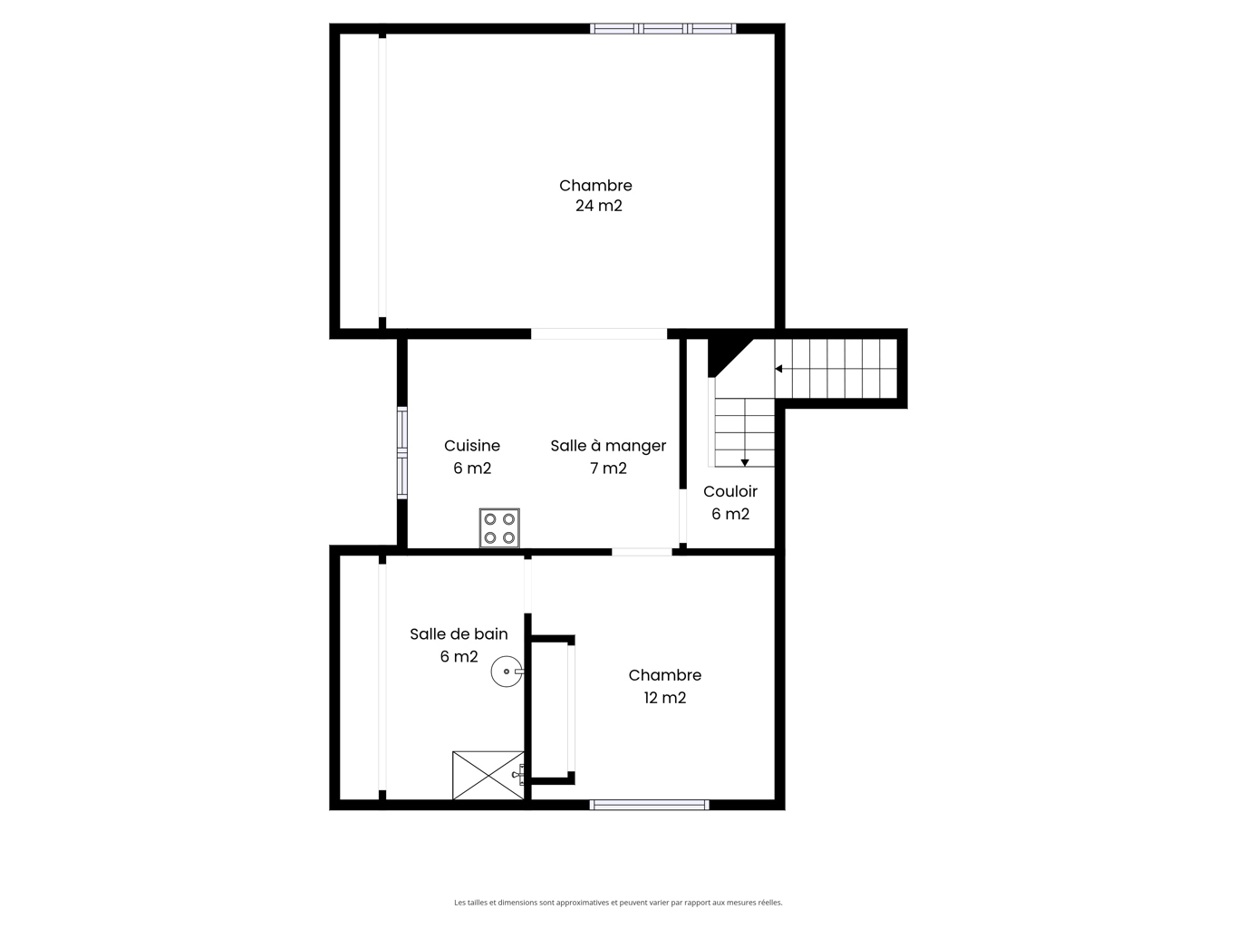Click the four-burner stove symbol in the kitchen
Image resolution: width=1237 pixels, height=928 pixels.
499,528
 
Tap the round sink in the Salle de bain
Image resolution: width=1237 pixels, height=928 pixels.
507,671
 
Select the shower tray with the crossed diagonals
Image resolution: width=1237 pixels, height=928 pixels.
488,775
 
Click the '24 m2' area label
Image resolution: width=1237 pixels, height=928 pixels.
598,206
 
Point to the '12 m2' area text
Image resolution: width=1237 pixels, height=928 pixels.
665,698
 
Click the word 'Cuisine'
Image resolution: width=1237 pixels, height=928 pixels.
472,446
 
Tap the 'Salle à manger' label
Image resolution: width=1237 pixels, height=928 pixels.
608,446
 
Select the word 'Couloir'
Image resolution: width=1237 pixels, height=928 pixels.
730,491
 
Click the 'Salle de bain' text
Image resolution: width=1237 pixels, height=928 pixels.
459,633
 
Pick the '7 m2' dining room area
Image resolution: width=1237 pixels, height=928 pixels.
608,469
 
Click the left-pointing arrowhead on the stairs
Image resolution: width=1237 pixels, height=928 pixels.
778,369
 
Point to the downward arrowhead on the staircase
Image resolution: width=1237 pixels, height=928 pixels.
744,462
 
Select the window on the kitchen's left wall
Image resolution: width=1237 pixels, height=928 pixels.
401,452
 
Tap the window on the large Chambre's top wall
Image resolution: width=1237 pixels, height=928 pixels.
662,29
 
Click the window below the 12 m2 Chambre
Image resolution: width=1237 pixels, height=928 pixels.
649,805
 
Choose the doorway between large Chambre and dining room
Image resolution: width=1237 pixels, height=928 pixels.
599,333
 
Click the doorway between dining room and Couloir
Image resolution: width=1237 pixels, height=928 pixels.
682,516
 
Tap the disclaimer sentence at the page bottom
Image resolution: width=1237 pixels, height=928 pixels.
618,902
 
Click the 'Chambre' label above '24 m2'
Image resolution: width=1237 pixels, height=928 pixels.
595,186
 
